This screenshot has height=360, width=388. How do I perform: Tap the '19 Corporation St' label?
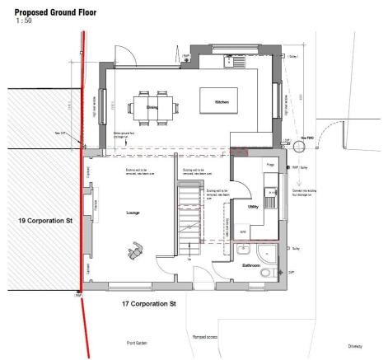pos(46,222)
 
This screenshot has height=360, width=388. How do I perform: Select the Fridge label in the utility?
pos(269,166)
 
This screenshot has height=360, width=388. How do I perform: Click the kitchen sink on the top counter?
pos(235,58)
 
